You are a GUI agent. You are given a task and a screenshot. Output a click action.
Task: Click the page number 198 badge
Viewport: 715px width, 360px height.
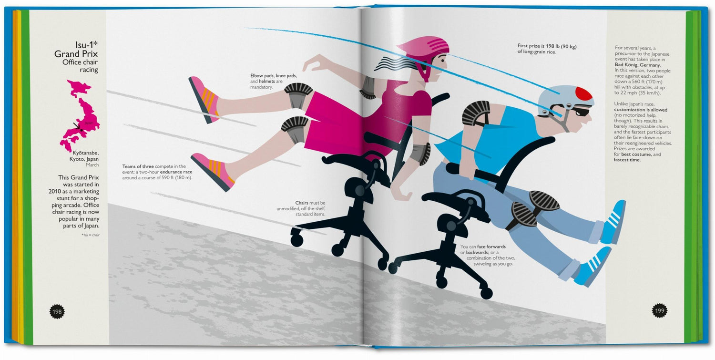click(57, 312)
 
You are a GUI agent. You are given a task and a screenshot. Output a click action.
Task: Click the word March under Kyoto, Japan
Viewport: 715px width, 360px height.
click(92, 165)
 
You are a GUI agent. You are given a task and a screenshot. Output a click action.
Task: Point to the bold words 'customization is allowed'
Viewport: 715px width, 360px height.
click(641, 110)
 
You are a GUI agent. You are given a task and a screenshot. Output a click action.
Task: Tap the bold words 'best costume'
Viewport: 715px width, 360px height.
click(636, 154)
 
